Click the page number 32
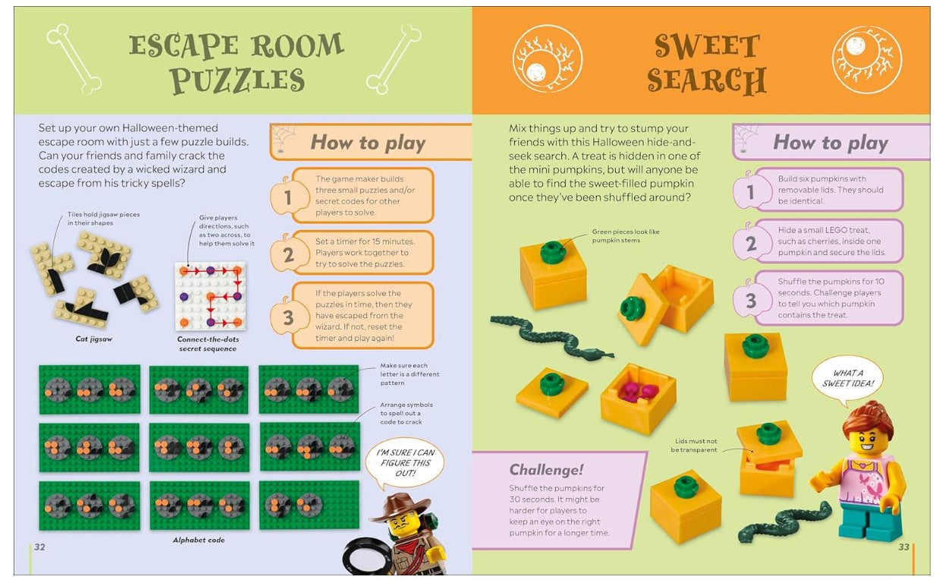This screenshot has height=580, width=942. pos(39,547)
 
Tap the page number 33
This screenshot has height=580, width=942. pos(904,547)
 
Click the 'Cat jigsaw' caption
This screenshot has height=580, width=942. pos(94,339)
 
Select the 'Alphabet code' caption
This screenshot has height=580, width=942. pos(199,540)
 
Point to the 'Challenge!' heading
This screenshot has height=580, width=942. pos(546,469)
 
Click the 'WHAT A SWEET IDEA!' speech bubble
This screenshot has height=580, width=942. pos(847,379)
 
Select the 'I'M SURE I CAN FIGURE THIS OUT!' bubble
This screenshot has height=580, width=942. pos(404,463)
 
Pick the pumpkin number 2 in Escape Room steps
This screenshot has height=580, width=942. pos(287,254)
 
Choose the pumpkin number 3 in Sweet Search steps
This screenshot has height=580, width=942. pos(750,300)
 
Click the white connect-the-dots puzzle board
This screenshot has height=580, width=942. pos(210,296)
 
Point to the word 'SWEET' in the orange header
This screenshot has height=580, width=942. pos(708,46)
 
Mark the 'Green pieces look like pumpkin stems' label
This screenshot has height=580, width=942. pos(625,235)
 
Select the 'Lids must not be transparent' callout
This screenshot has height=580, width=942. pos(696,446)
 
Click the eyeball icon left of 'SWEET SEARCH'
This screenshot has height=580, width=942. pos(548,59)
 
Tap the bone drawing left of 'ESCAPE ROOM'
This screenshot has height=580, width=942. pos(74,58)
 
